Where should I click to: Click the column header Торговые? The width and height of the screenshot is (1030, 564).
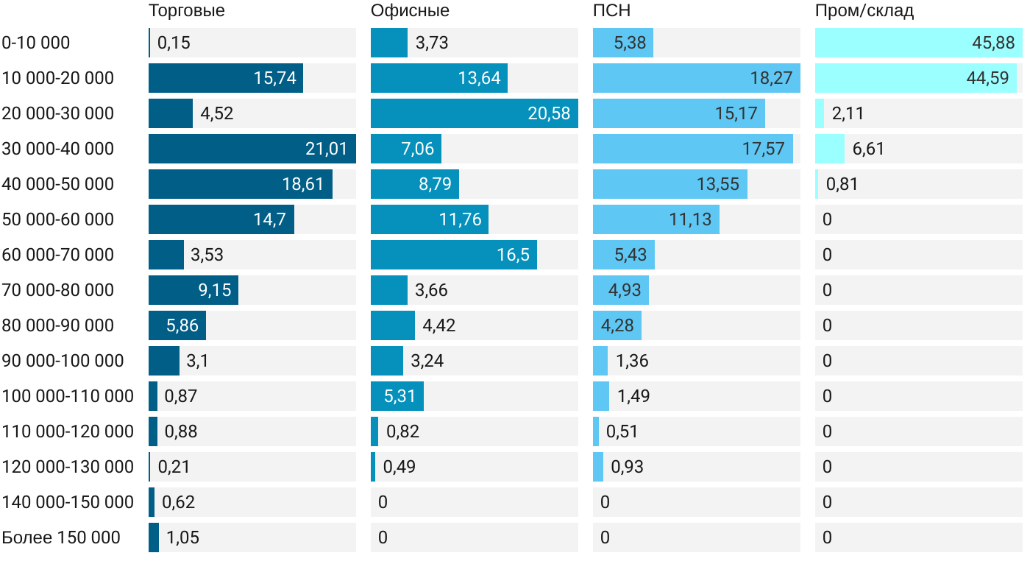click(x=186, y=11)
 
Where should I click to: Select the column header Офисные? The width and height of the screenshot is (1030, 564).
click(x=410, y=11)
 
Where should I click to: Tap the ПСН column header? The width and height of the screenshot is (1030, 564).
click(x=611, y=11)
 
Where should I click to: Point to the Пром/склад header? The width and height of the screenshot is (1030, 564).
click(x=864, y=11)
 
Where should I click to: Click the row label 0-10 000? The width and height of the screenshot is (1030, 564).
click(x=36, y=43)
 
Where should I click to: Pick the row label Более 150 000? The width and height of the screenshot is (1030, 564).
click(x=61, y=537)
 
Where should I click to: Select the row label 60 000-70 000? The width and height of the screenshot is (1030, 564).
click(x=58, y=255)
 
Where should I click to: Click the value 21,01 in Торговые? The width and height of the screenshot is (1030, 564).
click(x=326, y=149)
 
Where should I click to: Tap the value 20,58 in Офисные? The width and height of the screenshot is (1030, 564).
click(x=549, y=113)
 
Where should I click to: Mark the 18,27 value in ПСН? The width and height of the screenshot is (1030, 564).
click(x=771, y=78)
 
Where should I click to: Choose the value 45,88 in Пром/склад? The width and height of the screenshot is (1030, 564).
click(x=993, y=43)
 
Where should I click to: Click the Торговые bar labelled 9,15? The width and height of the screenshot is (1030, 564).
click(x=193, y=290)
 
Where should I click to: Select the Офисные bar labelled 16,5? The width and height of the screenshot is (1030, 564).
click(x=454, y=255)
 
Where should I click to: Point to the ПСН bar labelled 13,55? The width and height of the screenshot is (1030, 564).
click(x=670, y=184)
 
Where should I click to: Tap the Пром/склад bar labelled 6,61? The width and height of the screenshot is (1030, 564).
click(x=830, y=149)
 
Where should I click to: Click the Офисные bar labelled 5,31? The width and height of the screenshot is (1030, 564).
click(x=397, y=396)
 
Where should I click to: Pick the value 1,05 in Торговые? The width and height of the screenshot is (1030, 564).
click(x=182, y=537)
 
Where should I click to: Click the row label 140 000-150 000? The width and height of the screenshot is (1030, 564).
click(x=68, y=502)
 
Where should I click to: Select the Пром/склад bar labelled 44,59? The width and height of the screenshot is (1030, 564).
click(x=916, y=78)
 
